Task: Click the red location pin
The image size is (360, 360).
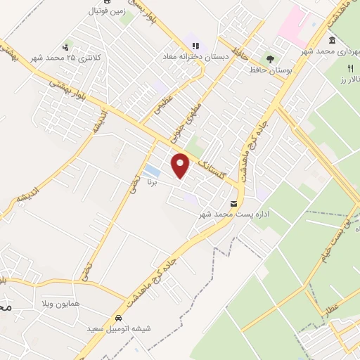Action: pyautogui.click(x=181, y=165)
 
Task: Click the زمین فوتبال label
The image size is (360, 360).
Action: pyautogui.click(x=105, y=11)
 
